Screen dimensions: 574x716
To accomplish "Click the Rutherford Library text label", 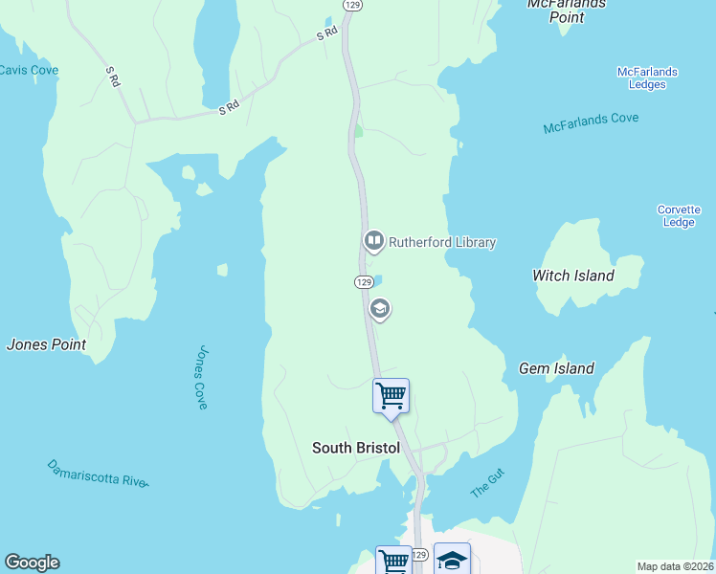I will (442, 242).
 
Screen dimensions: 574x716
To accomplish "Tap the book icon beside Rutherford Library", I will (373, 241).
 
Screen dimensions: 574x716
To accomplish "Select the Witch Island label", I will (572, 276).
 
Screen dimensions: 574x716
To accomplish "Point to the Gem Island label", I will (556, 368).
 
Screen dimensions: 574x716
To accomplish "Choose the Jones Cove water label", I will (201, 378).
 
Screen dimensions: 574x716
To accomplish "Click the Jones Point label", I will (46, 344).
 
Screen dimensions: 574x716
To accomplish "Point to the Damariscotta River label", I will (98, 473).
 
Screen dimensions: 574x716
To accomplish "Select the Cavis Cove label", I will (29, 70).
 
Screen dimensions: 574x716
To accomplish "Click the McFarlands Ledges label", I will (648, 77).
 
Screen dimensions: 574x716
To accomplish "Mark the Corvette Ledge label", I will (679, 216).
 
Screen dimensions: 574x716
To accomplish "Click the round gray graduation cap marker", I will (379, 308).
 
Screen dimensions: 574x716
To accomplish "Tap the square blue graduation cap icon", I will (453, 560).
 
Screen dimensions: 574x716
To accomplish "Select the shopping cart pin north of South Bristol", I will (391, 395).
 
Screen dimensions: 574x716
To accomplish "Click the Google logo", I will (32, 563).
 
